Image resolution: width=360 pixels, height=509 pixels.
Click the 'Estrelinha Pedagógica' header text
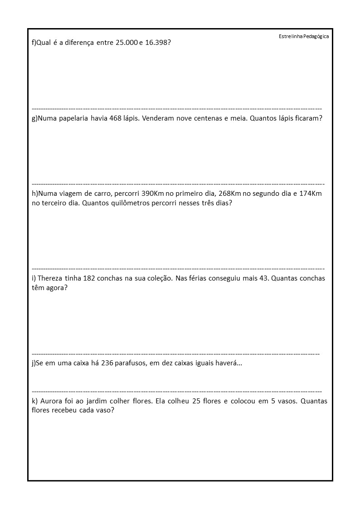pos(304,36)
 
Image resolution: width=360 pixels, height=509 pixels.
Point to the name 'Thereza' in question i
pos(50,278)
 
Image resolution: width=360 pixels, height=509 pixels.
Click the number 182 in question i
pos(89,278)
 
